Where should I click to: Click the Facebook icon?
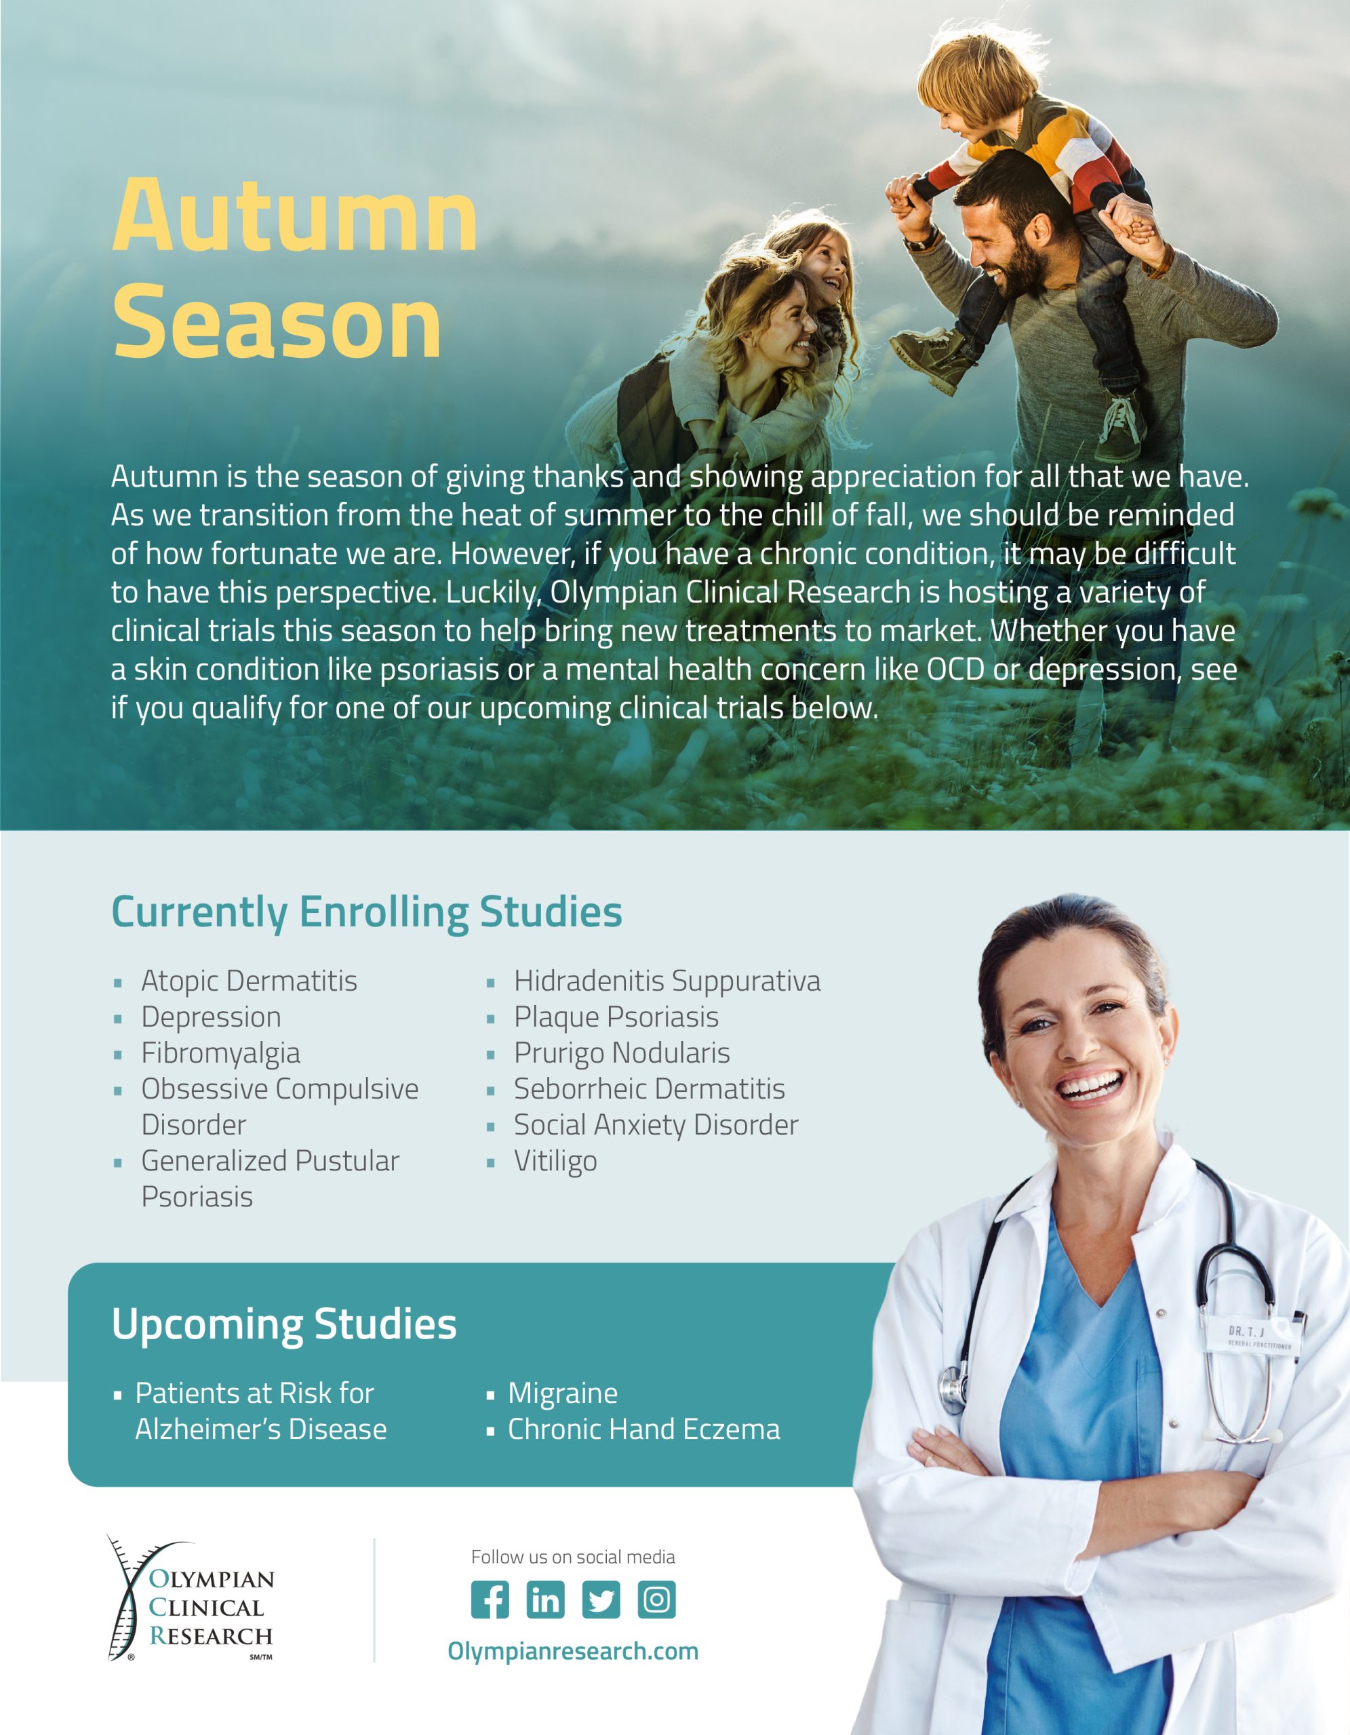[x=490, y=1599]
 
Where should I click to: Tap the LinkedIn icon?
[x=545, y=1599]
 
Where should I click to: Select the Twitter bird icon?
[x=601, y=1599]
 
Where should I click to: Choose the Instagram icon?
[x=656, y=1599]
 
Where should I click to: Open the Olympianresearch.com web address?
[x=573, y=1651]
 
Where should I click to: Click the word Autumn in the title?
[x=295, y=214]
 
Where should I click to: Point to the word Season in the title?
[x=277, y=322]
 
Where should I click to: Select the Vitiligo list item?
[x=555, y=1162]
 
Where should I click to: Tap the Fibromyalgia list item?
[x=221, y=1053]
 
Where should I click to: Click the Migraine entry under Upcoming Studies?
[x=563, y=1393]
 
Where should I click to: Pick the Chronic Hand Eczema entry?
[x=643, y=1429]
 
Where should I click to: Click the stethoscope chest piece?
[x=952, y=1385]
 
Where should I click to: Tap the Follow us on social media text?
[x=573, y=1557]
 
